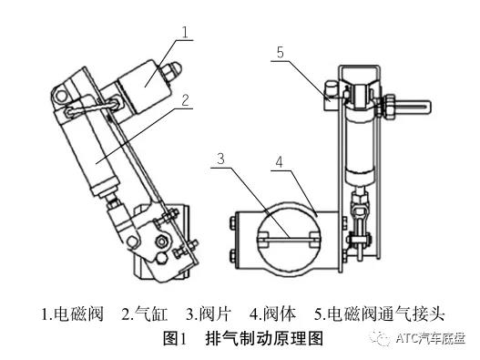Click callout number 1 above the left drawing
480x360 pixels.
pos(185,32)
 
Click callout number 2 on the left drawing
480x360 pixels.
pos(186,100)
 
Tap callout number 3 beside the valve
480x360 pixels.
pos(220,159)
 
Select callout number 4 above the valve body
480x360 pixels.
pos(279,162)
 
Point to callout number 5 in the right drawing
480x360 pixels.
pos(281,52)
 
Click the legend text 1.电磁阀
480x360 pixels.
pos(72,314)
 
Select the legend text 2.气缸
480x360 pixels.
pos(145,314)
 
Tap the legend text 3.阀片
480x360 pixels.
pos(209,314)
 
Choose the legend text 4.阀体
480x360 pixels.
pos(272,314)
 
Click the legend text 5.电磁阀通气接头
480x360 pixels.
pos(379,314)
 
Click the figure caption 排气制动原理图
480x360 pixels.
pos(264,338)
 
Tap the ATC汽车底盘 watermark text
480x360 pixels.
pos(431,338)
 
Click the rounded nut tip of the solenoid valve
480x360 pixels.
pos(174,70)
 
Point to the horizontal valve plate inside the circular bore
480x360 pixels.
pos(289,239)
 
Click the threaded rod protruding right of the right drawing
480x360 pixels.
pos(411,108)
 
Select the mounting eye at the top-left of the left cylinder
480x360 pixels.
pos(62,96)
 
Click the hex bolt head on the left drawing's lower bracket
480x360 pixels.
pos(161,242)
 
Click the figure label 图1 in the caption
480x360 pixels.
pos(175,338)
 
